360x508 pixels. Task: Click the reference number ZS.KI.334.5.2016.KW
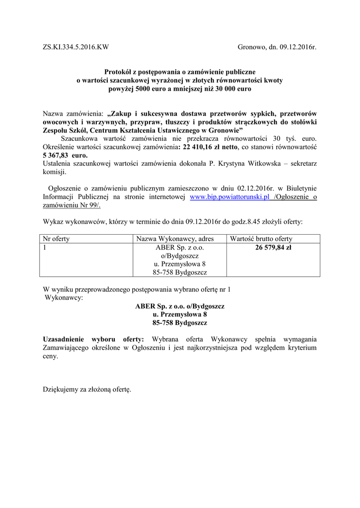[x=75, y=48]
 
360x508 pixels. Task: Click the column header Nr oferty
[x=57, y=239]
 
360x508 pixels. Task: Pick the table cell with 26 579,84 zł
[x=273, y=247]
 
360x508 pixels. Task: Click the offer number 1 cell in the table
[x=45, y=247]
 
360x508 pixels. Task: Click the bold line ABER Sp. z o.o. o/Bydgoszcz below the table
[x=180, y=306]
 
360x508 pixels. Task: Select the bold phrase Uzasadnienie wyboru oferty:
[x=93, y=339]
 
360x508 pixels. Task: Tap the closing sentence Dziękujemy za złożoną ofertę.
[x=87, y=390]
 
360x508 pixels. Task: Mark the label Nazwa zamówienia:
[x=73, y=113]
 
